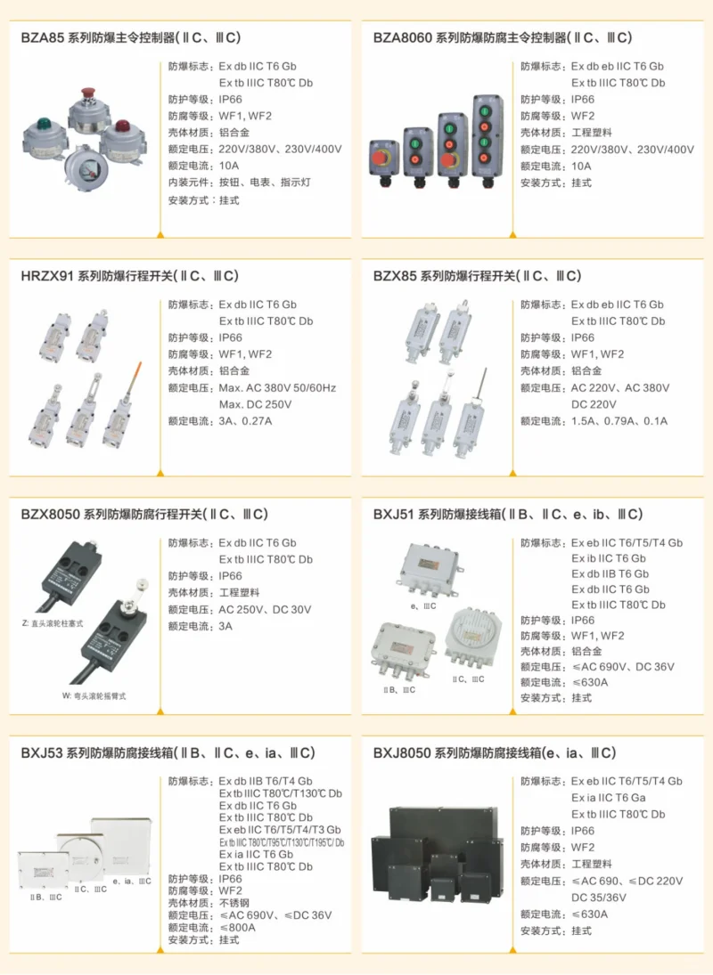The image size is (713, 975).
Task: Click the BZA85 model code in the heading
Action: coord(42,38)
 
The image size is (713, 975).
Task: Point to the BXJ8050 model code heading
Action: coord(402,753)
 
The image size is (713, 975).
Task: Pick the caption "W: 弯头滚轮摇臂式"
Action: coord(94,695)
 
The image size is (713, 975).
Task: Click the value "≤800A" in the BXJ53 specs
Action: coord(237,927)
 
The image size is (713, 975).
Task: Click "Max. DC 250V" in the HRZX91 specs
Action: coord(255,404)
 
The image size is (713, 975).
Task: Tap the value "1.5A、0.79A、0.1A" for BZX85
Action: coord(619,420)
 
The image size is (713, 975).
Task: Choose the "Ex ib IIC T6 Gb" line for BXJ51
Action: coord(610,558)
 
